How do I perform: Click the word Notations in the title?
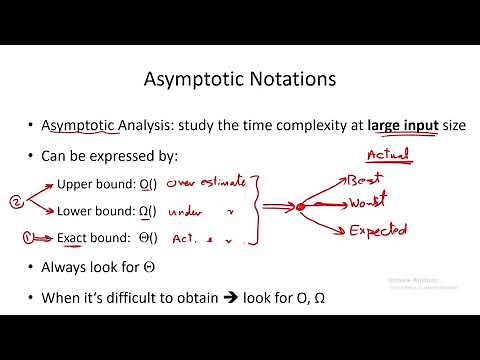298,77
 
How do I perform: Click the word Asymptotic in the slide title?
190,77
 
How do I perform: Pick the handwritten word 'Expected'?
378,232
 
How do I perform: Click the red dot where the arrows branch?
300,207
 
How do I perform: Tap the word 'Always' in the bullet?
64,267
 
